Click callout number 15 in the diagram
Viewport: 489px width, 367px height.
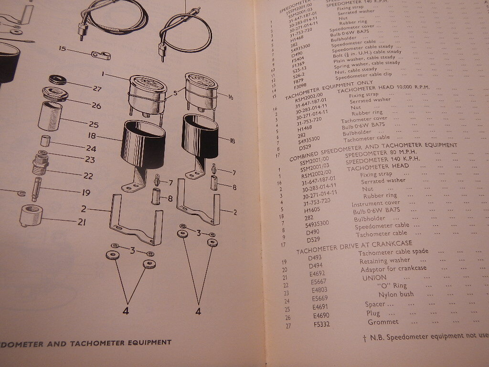63,49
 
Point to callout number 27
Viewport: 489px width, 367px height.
98,88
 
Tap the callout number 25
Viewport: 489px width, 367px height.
94,125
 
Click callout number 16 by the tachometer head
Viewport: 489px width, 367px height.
230,97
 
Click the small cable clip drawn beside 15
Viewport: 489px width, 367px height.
101,56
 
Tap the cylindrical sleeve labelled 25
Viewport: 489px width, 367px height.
50,116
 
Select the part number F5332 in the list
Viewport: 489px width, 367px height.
323,325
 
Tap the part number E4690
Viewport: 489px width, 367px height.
322,315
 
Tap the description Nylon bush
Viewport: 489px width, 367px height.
396,294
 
